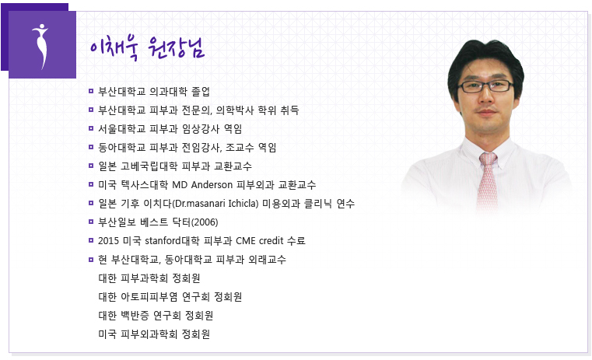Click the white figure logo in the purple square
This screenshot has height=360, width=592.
pyautogui.click(x=41, y=46)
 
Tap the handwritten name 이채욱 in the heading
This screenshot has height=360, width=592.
pyautogui.click(x=114, y=47)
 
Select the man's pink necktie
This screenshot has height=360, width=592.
pyautogui.click(x=487, y=181)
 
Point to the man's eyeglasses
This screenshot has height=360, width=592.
pyautogui.click(x=485, y=86)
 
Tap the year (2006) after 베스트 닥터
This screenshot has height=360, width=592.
pyautogui.click(x=205, y=222)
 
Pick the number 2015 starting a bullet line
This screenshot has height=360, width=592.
pyautogui.click(x=108, y=241)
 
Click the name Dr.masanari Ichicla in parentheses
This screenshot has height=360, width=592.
pyautogui.click(x=217, y=204)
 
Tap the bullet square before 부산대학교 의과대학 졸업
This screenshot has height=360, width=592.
pyautogui.click(x=90, y=91)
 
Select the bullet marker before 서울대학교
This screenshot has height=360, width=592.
pyautogui.click(x=90, y=128)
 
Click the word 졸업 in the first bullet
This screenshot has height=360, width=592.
pyautogui.click(x=201, y=91)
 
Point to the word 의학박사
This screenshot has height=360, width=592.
pyautogui.click(x=235, y=110)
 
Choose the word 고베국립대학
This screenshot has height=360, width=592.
pyautogui.click(x=149, y=166)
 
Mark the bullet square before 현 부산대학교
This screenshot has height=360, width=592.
pyautogui.click(x=90, y=259)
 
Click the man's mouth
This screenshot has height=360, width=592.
pyautogui.click(x=486, y=112)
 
